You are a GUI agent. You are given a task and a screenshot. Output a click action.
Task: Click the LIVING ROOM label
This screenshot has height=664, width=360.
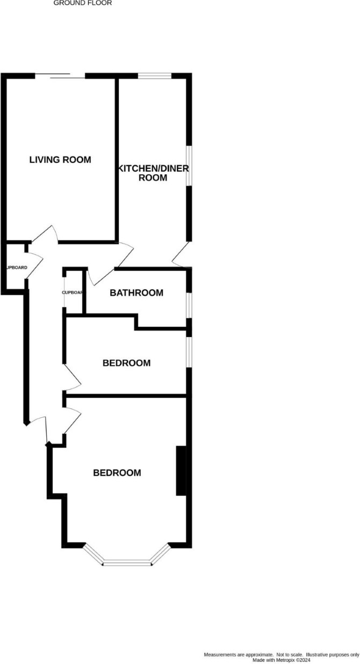(x=60, y=160)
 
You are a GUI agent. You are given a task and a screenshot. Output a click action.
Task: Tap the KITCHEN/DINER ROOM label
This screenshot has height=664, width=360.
(x=153, y=173)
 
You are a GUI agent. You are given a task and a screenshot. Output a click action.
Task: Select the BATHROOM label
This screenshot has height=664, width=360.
(x=136, y=293)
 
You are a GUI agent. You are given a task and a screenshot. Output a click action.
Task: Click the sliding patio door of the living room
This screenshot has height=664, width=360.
(x=60, y=76)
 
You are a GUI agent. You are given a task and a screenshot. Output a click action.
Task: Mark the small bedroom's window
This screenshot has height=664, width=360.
(x=188, y=352)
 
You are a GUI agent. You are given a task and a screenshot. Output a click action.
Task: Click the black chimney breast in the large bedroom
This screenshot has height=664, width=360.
(x=181, y=470)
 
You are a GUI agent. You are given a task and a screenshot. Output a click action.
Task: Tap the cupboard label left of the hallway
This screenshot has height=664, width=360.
(x=16, y=267)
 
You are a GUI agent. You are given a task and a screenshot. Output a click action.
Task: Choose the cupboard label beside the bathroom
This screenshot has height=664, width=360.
(x=72, y=292)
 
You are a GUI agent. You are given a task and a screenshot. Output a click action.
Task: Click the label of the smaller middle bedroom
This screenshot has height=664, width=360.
(x=126, y=363)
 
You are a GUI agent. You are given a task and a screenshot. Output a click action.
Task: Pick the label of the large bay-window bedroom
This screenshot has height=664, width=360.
(x=117, y=473)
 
